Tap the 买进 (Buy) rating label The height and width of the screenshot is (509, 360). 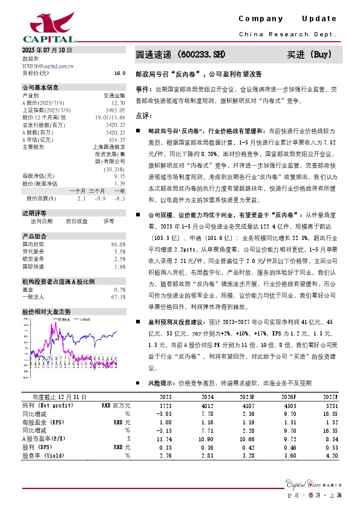pyautogui.click(x=310, y=54)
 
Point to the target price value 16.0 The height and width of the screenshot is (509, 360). pyautogui.click(x=119, y=73)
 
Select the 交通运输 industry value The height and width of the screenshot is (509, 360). pyautogui.click(x=114, y=95)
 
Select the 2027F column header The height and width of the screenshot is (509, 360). pyautogui.click(x=329, y=397)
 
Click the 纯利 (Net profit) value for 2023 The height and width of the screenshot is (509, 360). pyautogui.click(x=164, y=405)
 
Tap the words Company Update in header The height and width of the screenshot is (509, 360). pyautogui.click(x=287, y=19)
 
